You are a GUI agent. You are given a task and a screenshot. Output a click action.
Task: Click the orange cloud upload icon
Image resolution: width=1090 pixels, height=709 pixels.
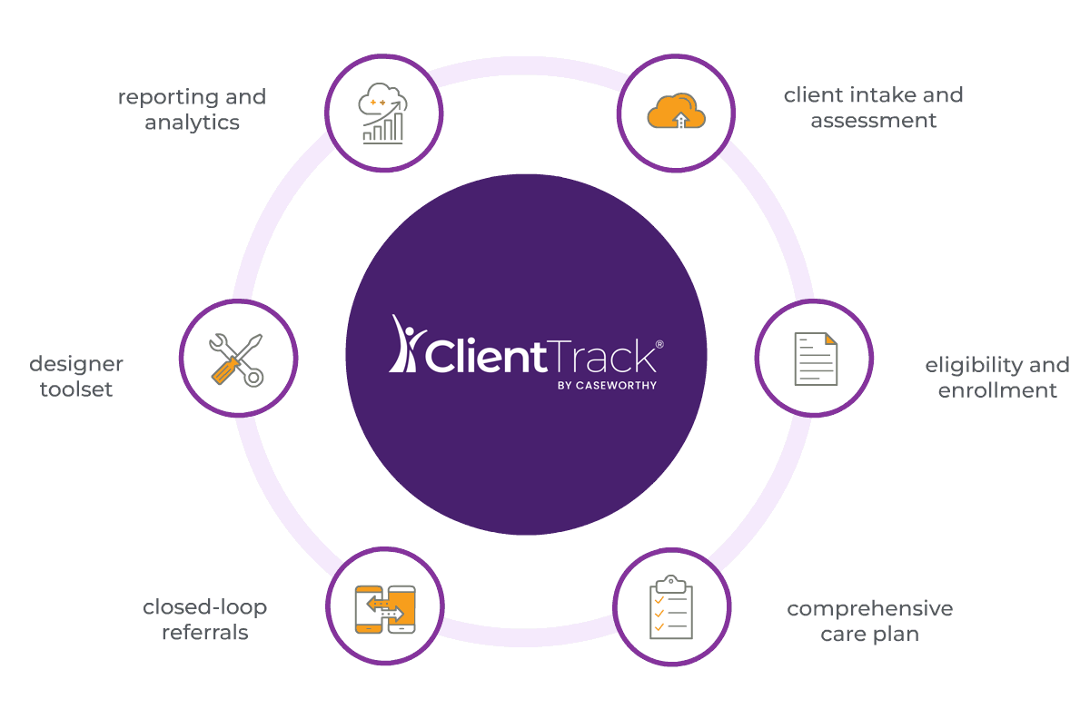click(x=676, y=112)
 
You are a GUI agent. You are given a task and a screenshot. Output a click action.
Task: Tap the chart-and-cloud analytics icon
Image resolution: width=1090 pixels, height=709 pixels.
click(x=383, y=113)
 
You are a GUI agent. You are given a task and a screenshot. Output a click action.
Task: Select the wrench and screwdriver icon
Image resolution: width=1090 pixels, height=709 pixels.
click(x=236, y=359)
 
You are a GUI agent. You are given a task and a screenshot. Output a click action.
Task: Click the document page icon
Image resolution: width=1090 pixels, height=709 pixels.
click(x=816, y=359)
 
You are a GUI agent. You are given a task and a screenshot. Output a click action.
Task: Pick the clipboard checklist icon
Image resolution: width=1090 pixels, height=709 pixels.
click(x=671, y=607)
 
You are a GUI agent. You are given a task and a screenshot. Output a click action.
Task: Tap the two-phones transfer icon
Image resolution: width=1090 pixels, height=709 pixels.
click(x=385, y=609)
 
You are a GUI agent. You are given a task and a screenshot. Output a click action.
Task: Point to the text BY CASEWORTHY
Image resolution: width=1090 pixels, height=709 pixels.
click(x=607, y=386)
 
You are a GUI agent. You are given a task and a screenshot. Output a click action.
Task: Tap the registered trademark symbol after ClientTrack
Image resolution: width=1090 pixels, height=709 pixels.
click(x=659, y=344)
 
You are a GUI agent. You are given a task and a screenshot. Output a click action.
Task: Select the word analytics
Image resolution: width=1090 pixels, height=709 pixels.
click(x=193, y=123)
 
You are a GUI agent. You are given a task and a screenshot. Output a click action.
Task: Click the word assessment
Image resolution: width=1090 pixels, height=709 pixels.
click(x=874, y=121)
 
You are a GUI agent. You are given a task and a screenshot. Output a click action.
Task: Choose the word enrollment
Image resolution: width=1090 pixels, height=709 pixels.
click(x=997, y=390)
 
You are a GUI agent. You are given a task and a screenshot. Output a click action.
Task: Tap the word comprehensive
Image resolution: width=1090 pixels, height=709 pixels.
click(x=870, y=609)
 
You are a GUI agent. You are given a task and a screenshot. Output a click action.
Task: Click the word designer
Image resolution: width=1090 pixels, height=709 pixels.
click(x=76, y=364)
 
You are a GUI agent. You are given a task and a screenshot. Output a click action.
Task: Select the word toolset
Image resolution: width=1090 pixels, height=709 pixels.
click(x=76, y=389)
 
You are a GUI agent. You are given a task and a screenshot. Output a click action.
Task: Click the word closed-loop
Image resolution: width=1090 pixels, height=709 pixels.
click(x=205, y=607)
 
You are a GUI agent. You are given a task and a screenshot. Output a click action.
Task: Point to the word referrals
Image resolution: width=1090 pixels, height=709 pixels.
click(x=205, y=633)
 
